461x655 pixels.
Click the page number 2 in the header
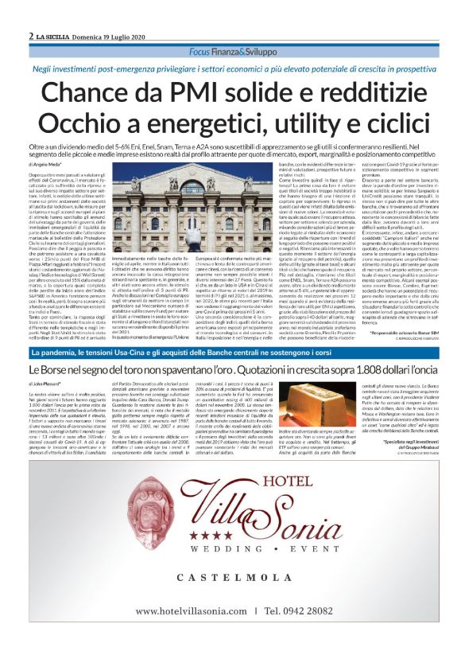coord(30,37)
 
